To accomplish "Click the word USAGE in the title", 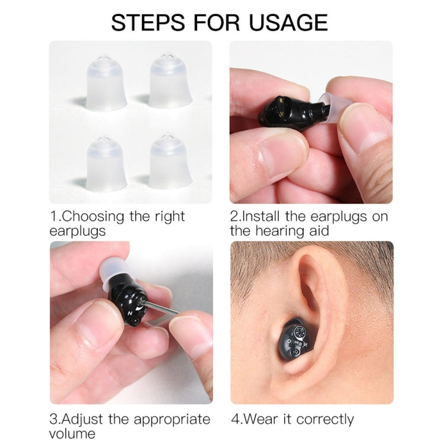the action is click(x=288, y=22).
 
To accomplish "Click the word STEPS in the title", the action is click(x=148, y=22).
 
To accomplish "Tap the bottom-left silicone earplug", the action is click(x=106, y=163).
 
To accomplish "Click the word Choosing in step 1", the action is click(x=93, y=217).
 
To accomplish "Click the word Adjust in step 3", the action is click(x=83, y=420).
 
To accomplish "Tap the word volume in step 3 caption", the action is click(x=72, y=434).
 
